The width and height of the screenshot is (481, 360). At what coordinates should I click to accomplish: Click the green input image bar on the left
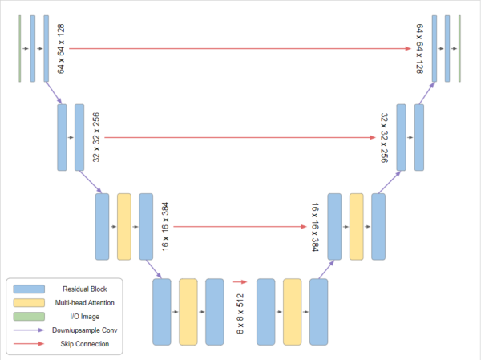(19, 48)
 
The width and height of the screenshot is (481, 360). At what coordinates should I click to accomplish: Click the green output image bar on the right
(460, 48)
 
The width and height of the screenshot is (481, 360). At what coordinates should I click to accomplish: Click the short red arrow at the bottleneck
(239, 282)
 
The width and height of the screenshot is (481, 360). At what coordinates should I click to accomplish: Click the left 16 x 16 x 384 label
(164, 226)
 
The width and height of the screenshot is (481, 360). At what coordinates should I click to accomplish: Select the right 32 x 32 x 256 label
(384, 137)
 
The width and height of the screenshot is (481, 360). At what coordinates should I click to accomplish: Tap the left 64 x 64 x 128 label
(62, 48)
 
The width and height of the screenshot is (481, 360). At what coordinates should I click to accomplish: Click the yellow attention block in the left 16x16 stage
(124, 226)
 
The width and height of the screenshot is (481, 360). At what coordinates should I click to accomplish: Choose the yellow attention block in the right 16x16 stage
(356, 226)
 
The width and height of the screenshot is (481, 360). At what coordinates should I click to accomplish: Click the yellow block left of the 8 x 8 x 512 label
(188, 312)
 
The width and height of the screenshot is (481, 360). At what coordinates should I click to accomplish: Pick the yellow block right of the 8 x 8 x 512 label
(292, 312)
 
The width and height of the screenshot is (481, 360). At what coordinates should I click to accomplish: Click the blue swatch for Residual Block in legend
(30, 289)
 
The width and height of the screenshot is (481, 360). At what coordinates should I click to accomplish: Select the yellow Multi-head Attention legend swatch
(30, 302)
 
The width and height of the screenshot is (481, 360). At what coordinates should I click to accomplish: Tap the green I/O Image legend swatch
(30, 316)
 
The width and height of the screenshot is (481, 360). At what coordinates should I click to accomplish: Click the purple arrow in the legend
(30, 330)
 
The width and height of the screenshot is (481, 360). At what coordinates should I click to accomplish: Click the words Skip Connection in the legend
(85, 344)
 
